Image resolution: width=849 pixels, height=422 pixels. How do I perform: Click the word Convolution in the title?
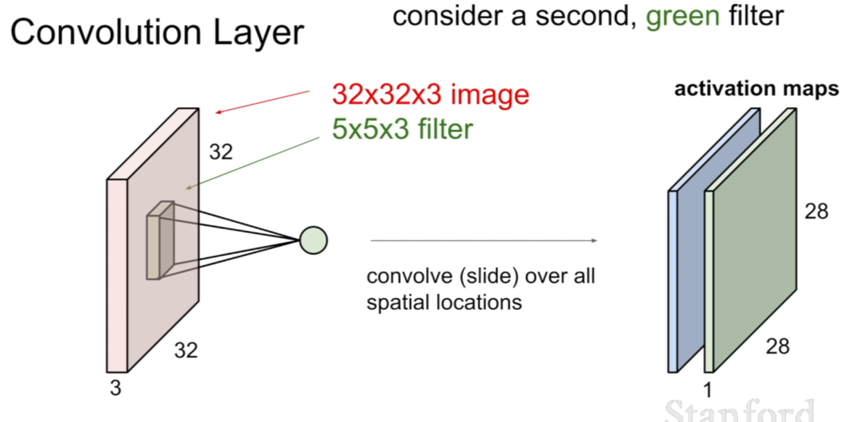point(106,33)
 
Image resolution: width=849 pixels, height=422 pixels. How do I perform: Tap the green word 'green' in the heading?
point(683,17)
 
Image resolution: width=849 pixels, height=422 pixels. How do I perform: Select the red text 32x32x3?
point(386,94)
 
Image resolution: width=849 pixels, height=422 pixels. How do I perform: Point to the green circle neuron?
point(314,240)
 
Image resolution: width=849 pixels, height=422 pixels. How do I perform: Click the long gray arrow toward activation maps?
point(483,240)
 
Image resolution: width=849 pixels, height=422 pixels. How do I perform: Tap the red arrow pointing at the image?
point(262,102)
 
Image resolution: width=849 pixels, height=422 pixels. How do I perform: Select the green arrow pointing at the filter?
point(253,163)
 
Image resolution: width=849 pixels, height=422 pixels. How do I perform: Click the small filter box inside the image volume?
point(161,241)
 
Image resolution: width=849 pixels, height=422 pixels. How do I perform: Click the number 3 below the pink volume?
point(116,388)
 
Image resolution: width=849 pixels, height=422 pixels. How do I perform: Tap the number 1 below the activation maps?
point(708,390)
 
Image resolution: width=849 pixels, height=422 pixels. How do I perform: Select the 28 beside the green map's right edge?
point(816,212)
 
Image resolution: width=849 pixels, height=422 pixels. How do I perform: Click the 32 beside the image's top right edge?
point(221,152)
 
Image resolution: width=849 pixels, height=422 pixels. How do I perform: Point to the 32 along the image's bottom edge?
point(186,351)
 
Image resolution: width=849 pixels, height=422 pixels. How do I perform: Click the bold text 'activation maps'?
point(756,89)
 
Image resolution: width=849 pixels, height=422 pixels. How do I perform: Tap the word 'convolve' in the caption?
point(410,276)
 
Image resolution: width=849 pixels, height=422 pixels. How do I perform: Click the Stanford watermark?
point(740,411)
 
